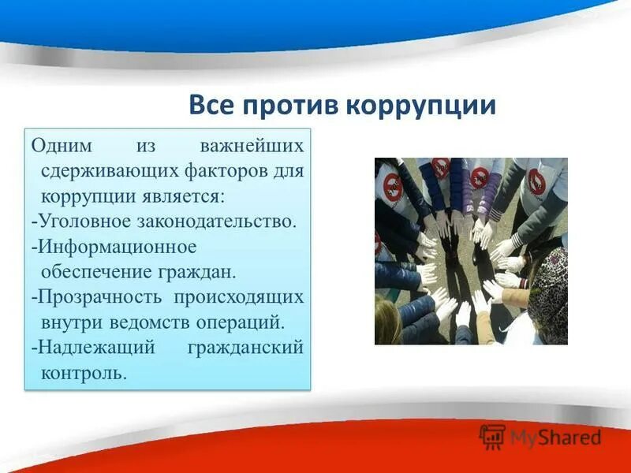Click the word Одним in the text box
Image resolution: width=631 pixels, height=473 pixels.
[x=62, y=147]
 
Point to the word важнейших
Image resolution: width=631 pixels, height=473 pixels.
[x=252, y=147]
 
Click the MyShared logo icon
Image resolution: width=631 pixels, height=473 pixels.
[x=493, y=437]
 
